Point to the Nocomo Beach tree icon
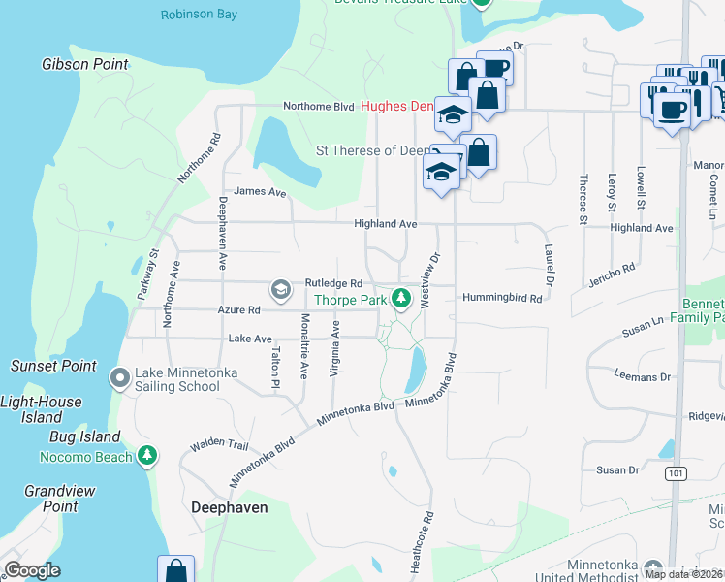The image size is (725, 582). click(147, 455)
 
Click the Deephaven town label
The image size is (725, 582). click(229, 507)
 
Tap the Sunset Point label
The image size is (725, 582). click(53, 366)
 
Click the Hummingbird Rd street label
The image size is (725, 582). click(501, 299)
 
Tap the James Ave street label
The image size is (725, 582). click(260, 192)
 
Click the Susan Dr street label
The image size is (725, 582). click(618, 470)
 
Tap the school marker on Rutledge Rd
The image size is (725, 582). click(281, 289)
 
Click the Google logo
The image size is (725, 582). click(33, 570)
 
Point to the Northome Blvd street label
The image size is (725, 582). click(318, 107)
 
